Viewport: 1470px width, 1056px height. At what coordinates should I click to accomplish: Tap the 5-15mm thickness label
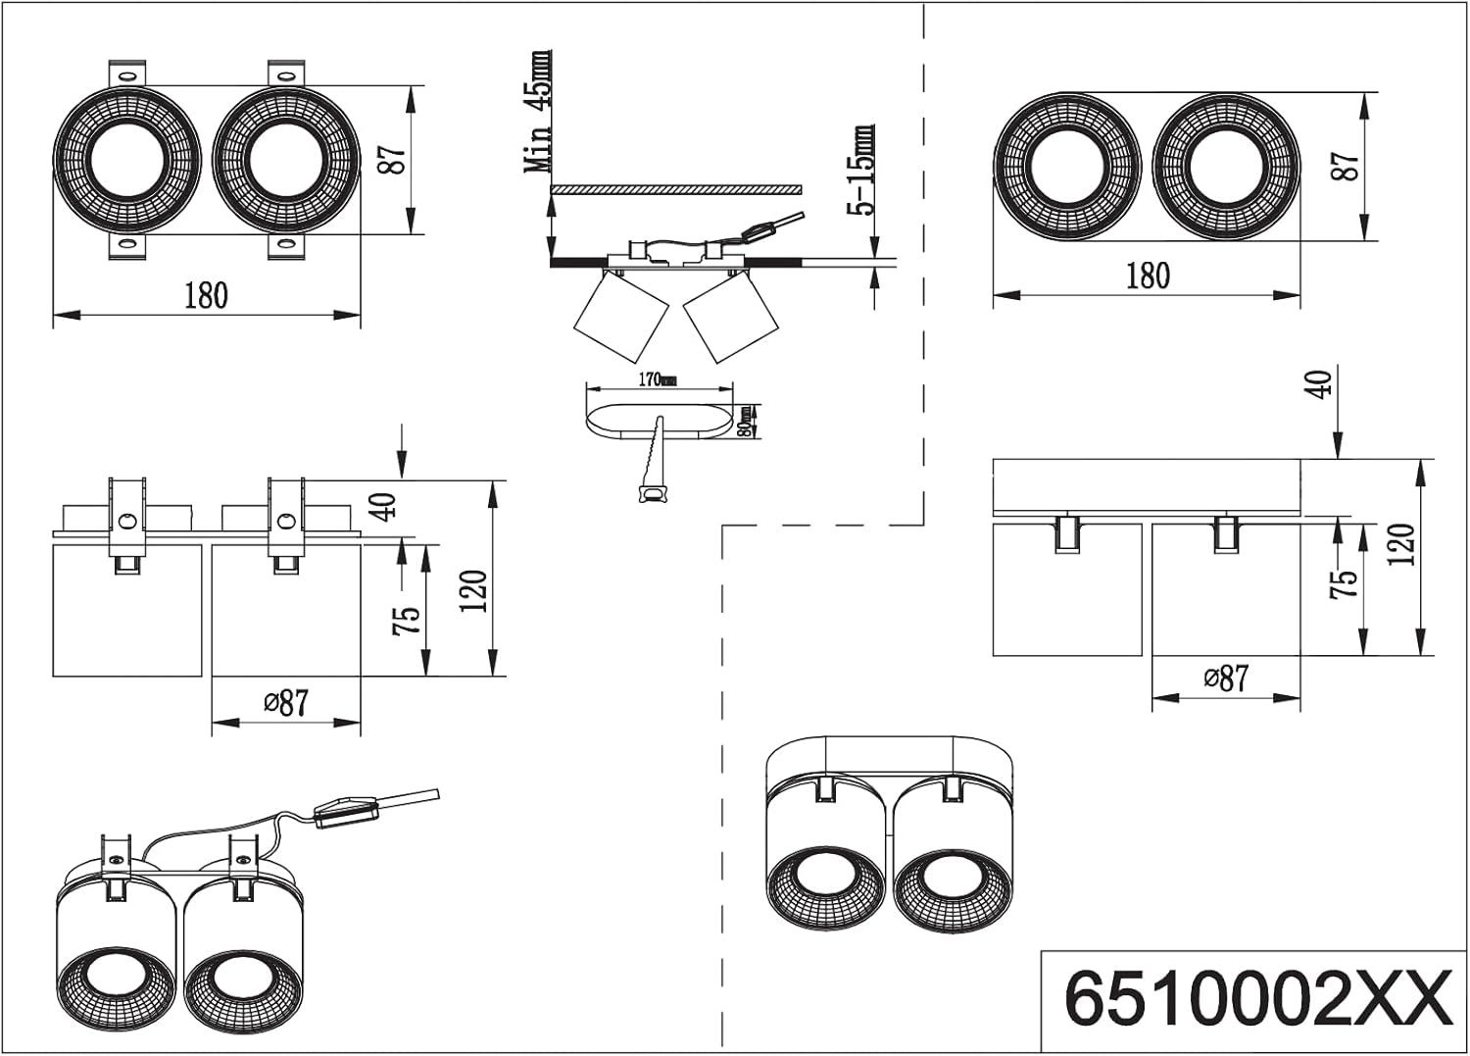(x=864, y=170)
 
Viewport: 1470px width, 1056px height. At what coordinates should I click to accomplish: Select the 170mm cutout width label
(x=656, y=379)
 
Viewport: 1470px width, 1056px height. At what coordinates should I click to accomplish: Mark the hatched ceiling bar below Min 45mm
(x=676, y=189)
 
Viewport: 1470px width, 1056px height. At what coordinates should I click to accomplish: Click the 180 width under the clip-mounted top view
(x=206, y=295)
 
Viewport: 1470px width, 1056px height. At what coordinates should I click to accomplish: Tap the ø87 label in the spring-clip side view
(x=285, y=702)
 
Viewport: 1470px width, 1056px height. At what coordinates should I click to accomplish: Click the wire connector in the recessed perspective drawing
(x=344, y=812)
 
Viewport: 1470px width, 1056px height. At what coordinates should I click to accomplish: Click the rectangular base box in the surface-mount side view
(x=1147, y=486)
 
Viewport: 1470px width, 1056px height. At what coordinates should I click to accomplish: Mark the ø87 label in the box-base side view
(x=1226, y=678)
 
